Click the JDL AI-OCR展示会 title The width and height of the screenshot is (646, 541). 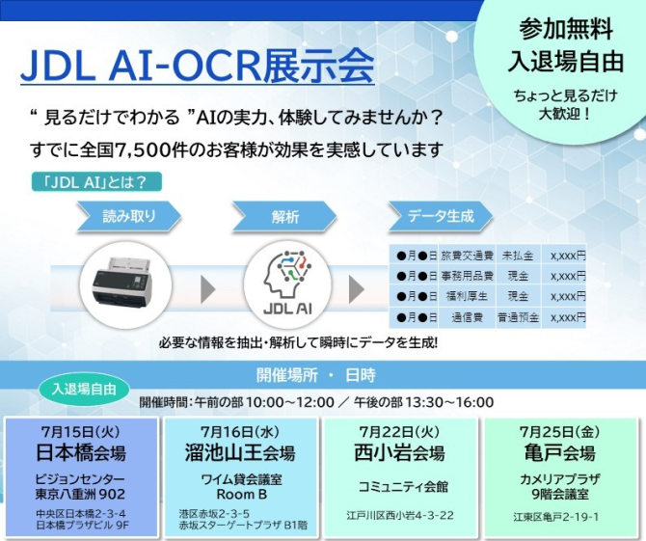[x=198, y=66]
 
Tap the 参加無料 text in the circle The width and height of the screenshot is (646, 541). [x=566, y=30]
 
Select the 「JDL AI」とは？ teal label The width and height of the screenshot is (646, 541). [x=96, y=182]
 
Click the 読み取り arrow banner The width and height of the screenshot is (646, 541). [x=129, y=216]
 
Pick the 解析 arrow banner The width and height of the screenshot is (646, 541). [x=284, y=216]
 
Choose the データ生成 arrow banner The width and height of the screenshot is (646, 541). [x=441, y=216]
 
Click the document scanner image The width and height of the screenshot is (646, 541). [x=122, y=283]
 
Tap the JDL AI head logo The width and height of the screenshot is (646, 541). [x=287, y=284]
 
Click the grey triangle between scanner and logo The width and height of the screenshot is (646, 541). [x=208, y=289]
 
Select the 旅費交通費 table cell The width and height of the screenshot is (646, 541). [x=468, y=256]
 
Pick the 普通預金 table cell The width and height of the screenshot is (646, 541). [x=519, y=317]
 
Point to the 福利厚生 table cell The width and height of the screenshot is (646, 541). [x=468, y=296]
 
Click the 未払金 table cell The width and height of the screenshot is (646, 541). [x=519, y=256]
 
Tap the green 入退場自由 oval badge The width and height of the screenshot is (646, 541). [x=84, y=390]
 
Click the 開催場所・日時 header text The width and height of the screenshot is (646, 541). [x=316, y=375]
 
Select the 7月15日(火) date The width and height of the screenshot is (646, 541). [x=80, y=432]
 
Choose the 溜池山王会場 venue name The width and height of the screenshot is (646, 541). [x=240, y=453]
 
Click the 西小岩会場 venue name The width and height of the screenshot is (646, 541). [x=399, y=453]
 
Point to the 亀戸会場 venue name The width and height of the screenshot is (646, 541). [x=559, y=453]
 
